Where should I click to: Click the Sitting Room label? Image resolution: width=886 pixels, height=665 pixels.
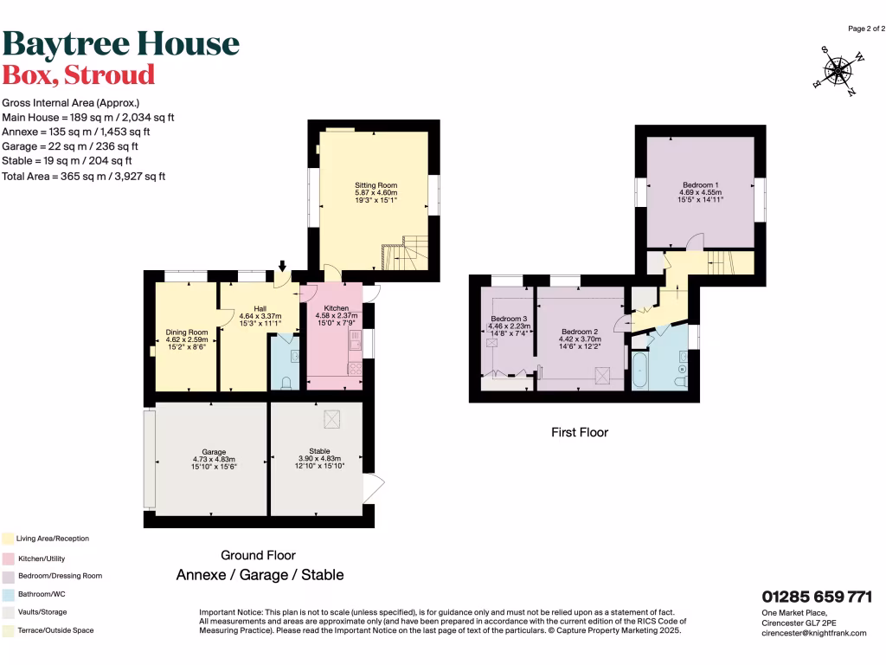pos(376,185)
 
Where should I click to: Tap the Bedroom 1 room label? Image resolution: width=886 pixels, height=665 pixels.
pos(701,185)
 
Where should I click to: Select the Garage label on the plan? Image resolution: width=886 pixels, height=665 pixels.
pos(214,452)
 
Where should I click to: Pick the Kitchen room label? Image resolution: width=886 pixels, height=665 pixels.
pos(336,308)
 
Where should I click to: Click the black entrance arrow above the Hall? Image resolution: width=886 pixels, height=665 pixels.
pos(282,265)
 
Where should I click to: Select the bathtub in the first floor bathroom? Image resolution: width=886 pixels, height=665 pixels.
pos(639,371)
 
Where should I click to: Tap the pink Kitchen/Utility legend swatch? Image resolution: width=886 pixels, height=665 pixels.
pos(8,558)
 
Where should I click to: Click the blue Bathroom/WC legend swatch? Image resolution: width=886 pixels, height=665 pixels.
pos(8,595)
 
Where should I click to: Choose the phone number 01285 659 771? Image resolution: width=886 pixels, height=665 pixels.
pos(816,597)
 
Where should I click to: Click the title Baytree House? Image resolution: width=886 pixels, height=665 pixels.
pos(120,43)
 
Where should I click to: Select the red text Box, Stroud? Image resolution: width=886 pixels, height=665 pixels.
pos(79,74)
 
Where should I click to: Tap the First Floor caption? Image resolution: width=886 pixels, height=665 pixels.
pos(580,431)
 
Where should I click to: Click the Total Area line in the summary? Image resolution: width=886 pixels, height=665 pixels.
pos(84,176)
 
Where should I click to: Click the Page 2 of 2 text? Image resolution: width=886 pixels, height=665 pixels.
pos(865,29)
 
